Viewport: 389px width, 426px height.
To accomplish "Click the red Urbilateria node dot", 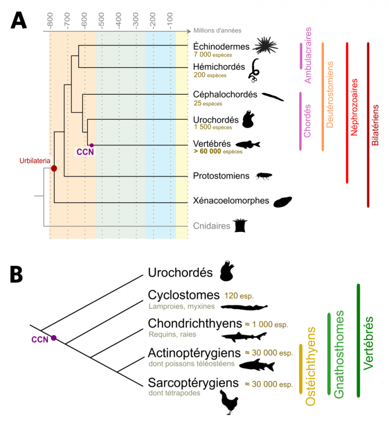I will [54, 168].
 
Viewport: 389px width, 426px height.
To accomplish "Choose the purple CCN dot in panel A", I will [92, 145].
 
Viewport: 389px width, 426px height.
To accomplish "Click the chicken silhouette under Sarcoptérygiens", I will [231, 402].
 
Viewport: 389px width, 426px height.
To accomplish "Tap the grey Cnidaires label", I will [212, 225].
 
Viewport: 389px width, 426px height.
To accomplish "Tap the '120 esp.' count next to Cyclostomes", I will [239, 296].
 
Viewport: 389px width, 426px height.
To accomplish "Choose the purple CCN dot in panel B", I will [53, 338].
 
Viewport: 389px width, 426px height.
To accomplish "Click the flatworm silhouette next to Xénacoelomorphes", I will [282, 201].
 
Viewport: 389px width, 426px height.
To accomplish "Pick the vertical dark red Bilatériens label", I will [375, 126].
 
